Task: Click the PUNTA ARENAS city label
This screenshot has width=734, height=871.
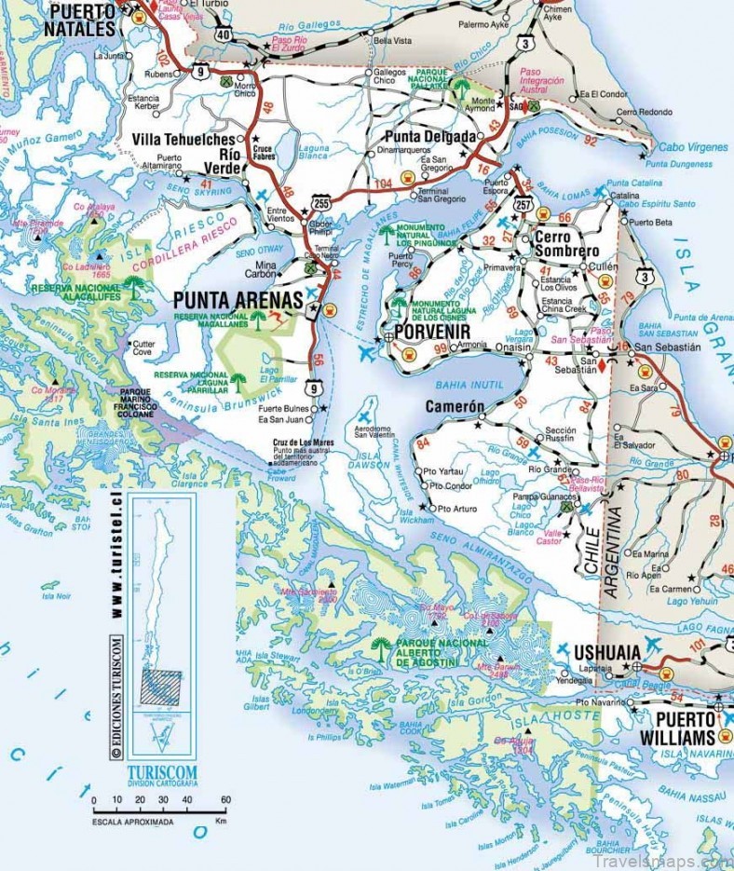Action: click(x=238, y=300)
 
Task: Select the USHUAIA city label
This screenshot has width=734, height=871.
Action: click(x=607, y=652)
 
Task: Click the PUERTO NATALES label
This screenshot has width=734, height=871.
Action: click(x=81, y=20)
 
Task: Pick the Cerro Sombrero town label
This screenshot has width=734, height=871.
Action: click(x=566, y=244)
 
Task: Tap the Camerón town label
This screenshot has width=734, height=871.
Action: click(x=455, y=407)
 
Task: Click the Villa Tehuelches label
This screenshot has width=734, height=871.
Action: click(x=183, y=139)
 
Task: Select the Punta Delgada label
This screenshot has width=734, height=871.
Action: click(x=431, y=136)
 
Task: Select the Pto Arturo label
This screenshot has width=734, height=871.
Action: click(x=456, y=509)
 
